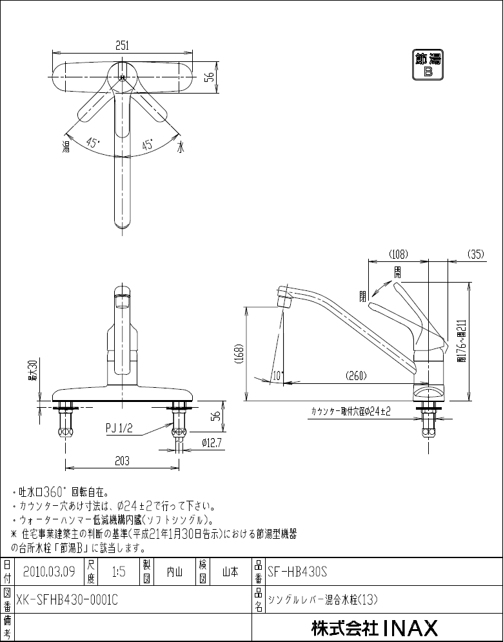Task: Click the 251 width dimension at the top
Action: pos(123,45)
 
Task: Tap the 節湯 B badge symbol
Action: pos(428,65)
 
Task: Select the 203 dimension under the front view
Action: pos(123,461)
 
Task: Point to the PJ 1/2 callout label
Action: pos(119,428)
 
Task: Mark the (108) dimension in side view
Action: pos(398,254)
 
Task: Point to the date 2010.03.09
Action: pos(49,572)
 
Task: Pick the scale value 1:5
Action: pos(119,572)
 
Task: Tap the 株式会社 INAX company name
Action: pos(374,627)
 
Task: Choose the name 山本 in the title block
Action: pos(230,572)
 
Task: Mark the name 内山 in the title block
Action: pos(175,572)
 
